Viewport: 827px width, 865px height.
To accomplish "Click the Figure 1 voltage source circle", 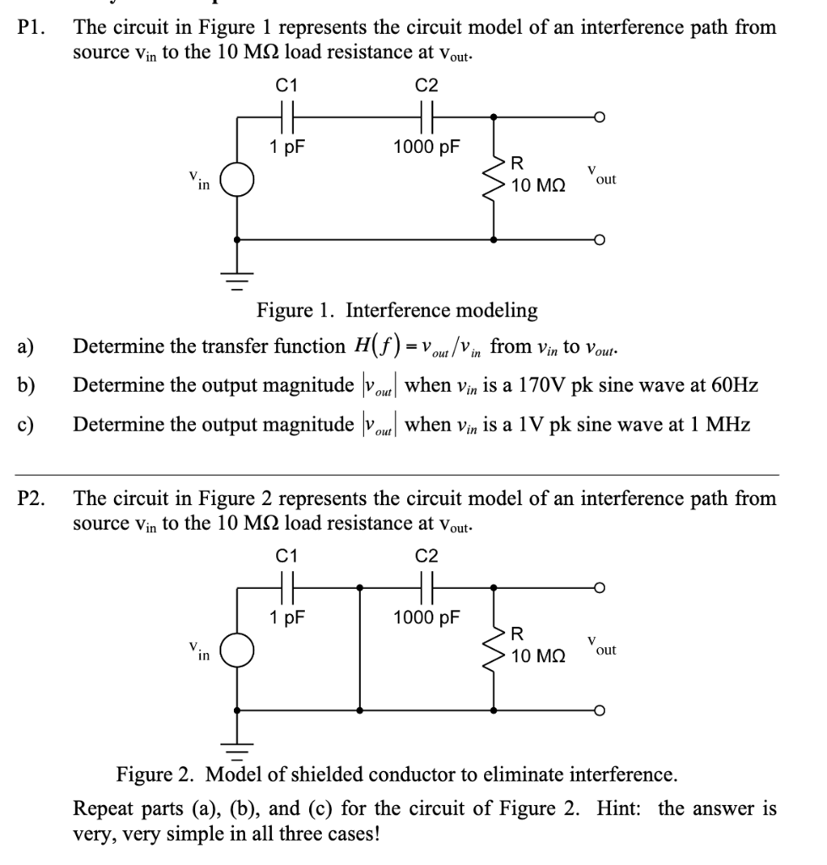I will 237,181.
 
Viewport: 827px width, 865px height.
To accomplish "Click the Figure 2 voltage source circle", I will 237,651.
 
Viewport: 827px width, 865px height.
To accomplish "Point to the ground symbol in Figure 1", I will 237,273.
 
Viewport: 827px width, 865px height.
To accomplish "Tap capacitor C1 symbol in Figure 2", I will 286,586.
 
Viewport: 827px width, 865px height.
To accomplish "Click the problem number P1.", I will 31,28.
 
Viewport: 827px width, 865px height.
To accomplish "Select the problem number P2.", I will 31,498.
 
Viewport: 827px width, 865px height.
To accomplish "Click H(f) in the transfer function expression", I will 368,346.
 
